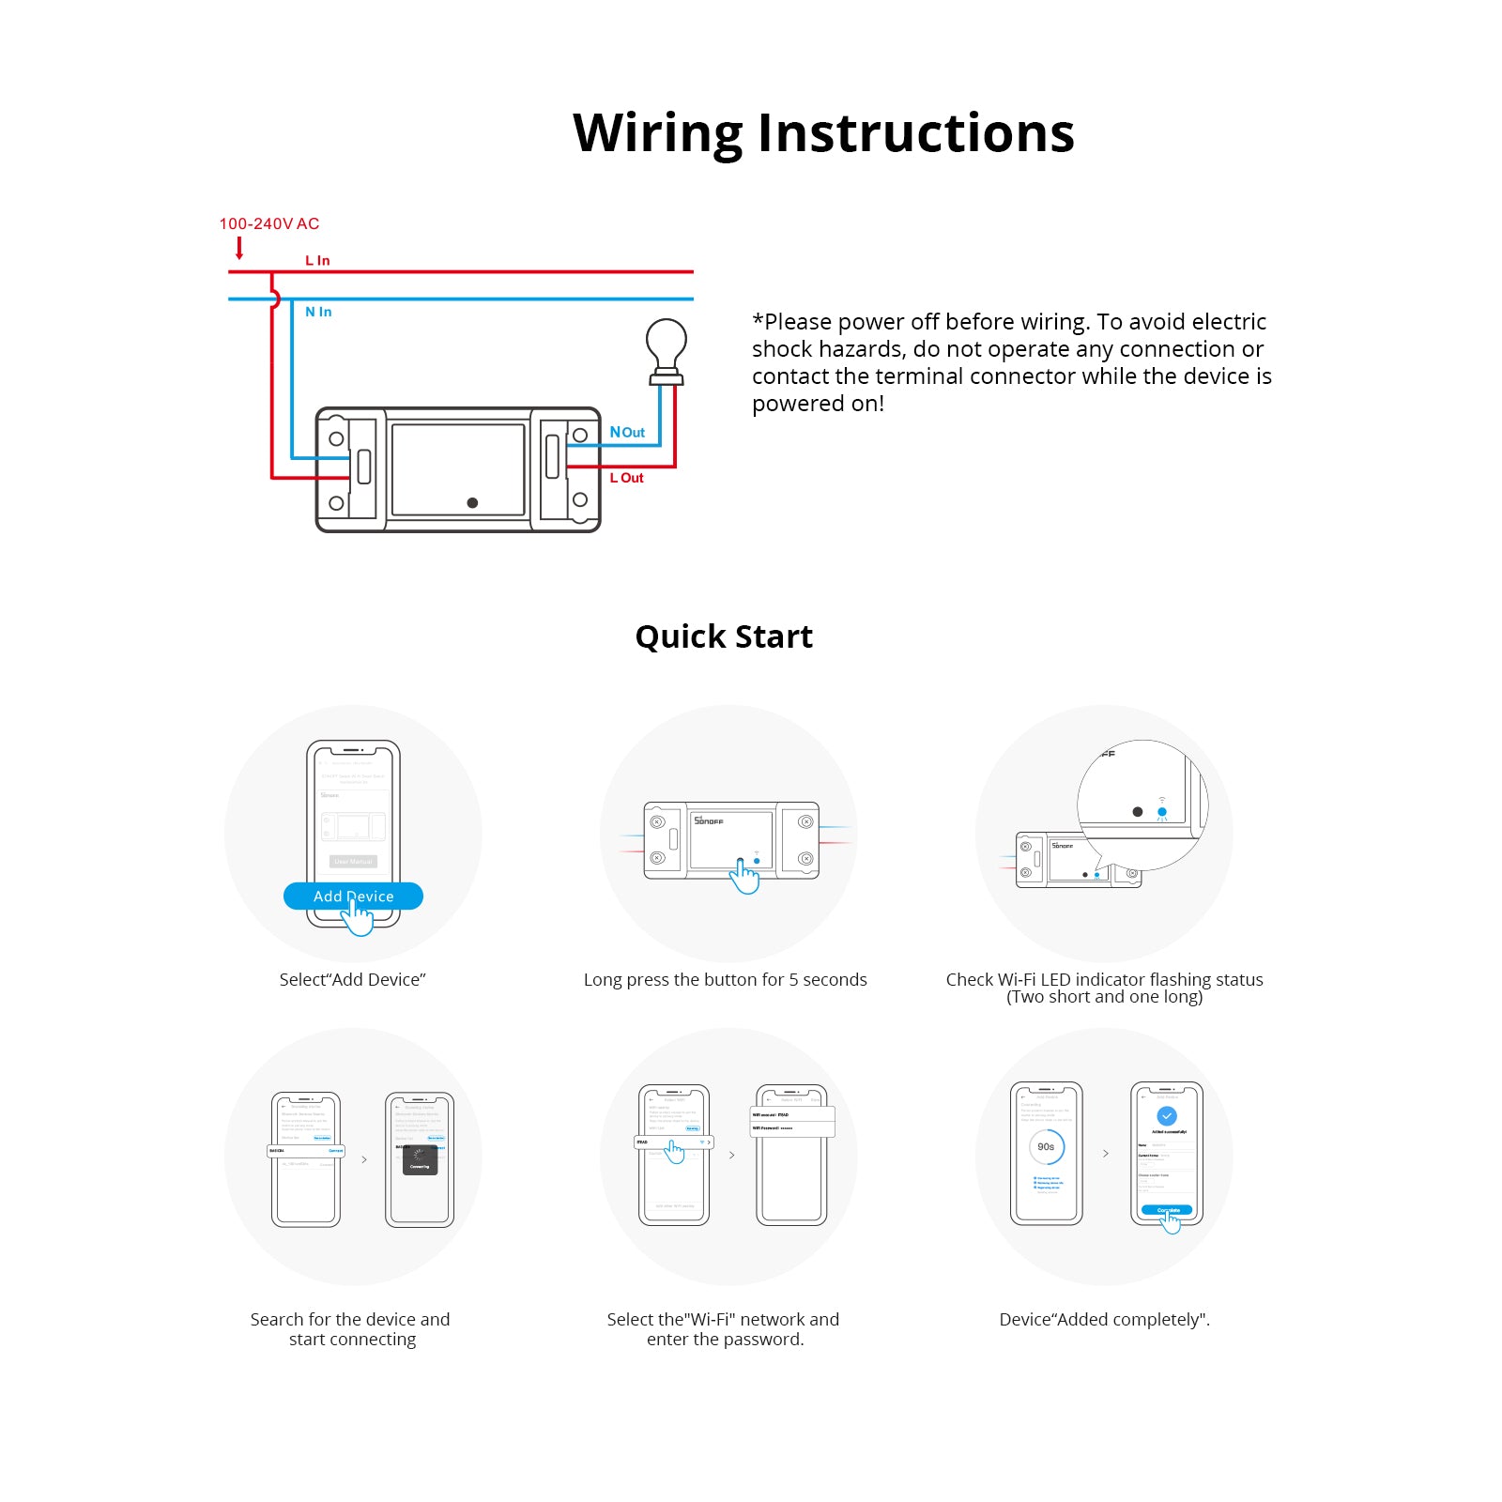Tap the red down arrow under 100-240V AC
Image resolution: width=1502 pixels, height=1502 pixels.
(239, 248)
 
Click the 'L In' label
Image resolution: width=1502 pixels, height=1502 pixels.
(317, 261)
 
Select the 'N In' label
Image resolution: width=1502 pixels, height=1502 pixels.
(318, 312)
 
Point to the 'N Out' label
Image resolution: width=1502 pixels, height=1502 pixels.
(627, 432)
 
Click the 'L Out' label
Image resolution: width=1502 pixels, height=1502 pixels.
(627, 478)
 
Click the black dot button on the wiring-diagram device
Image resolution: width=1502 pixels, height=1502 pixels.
(472, 503)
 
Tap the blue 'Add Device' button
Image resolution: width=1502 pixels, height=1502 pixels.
(353, 897)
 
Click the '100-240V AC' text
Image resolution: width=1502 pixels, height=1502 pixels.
(269, 223)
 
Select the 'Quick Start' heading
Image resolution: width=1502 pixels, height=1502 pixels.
(724, 636)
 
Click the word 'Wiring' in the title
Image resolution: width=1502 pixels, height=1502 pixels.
(657, 133)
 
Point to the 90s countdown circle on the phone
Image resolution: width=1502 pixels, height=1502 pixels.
(1046, 1147)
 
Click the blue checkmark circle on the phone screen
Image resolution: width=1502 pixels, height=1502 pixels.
(1167, 1116)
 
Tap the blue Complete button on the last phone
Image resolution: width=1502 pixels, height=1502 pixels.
(1167, 1210)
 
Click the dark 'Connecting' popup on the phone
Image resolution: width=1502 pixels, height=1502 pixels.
(420, 1161)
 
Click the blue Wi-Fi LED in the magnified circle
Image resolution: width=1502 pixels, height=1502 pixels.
(1162, 812)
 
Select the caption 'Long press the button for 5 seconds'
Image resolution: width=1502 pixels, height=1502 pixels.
(725, 980)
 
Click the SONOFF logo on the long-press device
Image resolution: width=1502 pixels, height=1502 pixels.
(709, 820)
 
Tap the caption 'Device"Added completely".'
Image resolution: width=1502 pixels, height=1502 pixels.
(1104, 1320)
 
